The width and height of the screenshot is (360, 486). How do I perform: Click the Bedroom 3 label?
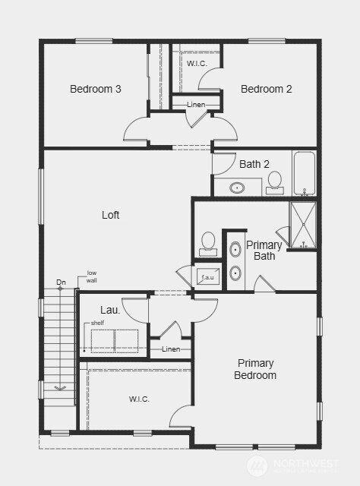click(x=96, y=89)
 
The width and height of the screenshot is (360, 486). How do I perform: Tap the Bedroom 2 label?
click(x=266, y=89)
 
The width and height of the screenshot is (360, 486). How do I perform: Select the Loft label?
click(x=111, y=215)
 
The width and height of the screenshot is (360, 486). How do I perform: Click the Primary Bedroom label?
click(x=255, y=369)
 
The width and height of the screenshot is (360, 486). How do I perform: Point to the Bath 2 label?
click(x=254, y=164)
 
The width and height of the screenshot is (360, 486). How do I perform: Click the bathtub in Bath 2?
click(x=305, y=173)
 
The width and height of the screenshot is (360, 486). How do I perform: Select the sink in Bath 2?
click(x=238, y=187)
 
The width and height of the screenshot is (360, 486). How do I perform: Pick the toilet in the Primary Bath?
click(x=208, y=242)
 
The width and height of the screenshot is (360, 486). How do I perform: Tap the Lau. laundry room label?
click(x=110, y=310)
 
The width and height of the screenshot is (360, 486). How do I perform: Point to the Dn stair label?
click(x=61, y=283)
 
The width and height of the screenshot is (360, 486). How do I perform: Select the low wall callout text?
click(x=91, y=276)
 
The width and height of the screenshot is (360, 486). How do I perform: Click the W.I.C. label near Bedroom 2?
click(x=197, y=63)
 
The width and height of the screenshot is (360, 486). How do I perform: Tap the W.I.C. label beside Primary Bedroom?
click(x=139, y=399)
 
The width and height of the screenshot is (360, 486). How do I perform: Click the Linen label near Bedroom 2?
click(x=196, y=104)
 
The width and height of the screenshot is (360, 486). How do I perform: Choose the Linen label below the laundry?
click(x=172, y=349)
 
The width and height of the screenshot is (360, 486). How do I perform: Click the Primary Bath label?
click(x=264, y=250)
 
